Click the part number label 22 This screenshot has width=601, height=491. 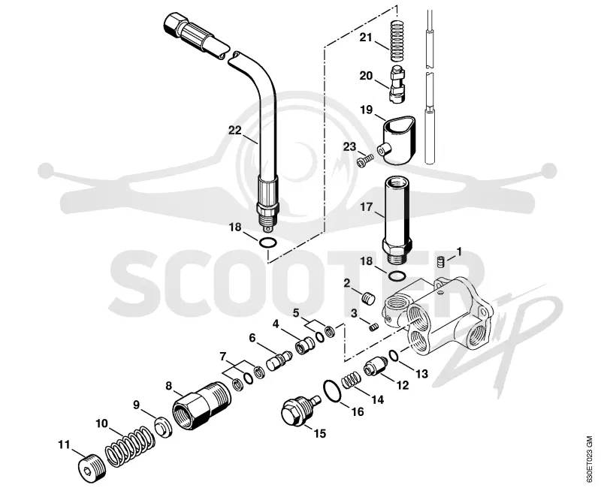pyautogui.click(x=235, y=131)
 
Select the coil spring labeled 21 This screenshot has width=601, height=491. pyautogui.click(x=398, y=41)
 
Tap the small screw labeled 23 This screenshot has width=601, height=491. pyautogui.click(x=364, y=160)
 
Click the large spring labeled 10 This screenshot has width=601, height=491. pyautogui.click(x=129, y=446)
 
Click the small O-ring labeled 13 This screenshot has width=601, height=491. pyautogui.click(x=394, y=355)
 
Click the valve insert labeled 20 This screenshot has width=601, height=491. pyautogui.click(x=397, y=84)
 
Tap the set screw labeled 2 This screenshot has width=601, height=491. pyautogui.click(x=368, y=298)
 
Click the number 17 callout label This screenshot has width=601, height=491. pyautogui.click(x=367, y=207)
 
